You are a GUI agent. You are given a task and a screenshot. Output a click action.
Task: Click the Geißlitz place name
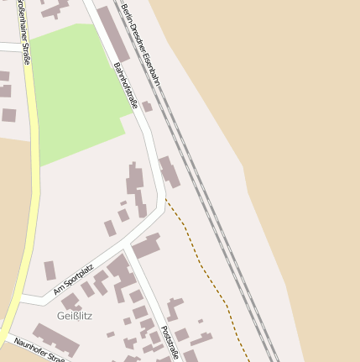pyautogui.click(x=75, y=316)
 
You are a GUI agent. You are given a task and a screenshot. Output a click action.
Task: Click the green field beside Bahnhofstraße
pyautogui.click(x=76, y=92)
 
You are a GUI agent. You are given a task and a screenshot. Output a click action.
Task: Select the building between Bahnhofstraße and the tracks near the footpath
pyautogui.click(x=169, y=171)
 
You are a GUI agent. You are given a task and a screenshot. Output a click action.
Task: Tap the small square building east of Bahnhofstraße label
pyautogui.click(x=148, y=107)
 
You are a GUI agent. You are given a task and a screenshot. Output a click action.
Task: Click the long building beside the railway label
pyautogui.click(x=113, y=34)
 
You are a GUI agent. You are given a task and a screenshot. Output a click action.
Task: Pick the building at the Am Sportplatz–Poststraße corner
pyautogui.click(x=146, y=247)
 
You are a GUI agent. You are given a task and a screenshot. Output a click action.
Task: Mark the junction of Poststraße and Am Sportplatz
pyautogui.click(x=127, y=249)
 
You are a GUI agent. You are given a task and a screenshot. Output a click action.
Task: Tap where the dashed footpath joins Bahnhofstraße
pyautogui.click(x=164, y=199)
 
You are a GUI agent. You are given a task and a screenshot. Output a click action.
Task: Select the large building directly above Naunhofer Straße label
pyautogui.click(x=55, y=339)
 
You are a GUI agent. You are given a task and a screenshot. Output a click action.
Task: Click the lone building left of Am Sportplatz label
pyautogui.click(x=50, y=270)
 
